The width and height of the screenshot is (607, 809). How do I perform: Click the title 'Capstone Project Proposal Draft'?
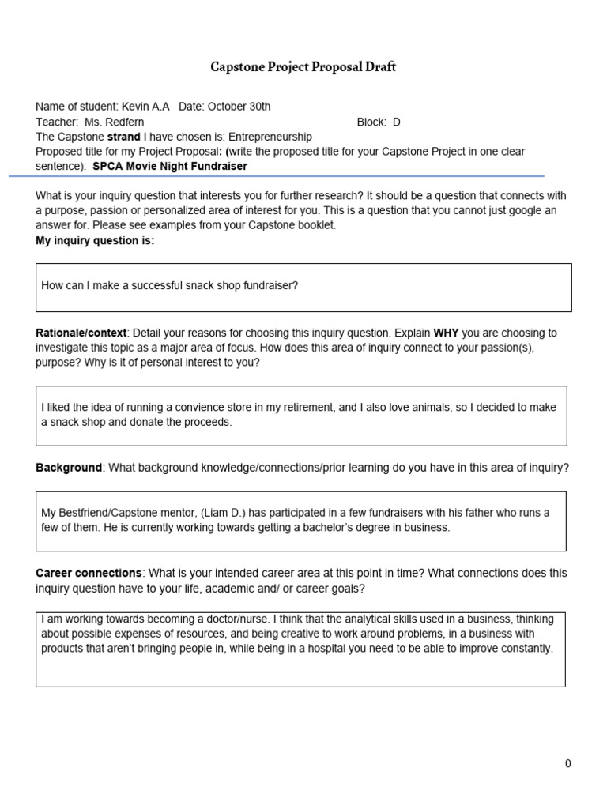(x=303, y=67)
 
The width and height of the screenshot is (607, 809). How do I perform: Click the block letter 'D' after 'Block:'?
(x=397, y=122)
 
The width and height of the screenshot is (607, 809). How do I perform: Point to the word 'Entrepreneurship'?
(x=270, y=137)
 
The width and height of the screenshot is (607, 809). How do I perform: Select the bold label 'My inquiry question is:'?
(x=95, y=241)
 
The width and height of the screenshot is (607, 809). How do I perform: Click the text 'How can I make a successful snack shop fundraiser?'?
(x=170, y=285)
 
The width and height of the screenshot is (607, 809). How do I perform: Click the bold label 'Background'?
(x=69, y=468)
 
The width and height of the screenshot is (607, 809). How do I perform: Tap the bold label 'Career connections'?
(x=89, y=573)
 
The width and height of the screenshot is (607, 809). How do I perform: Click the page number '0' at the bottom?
(x=567, y=763)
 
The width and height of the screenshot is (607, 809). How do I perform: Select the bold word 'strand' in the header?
(x=124, y=137)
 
